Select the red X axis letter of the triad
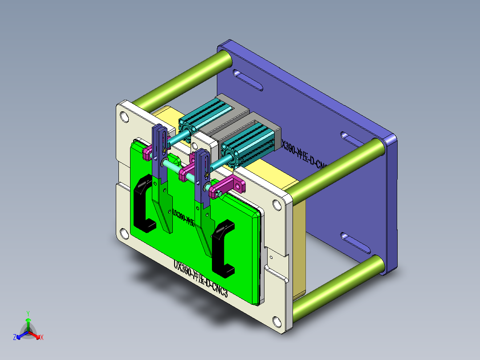(42, 338)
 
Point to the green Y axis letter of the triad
(28, 313)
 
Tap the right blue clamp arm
(203, 187)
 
